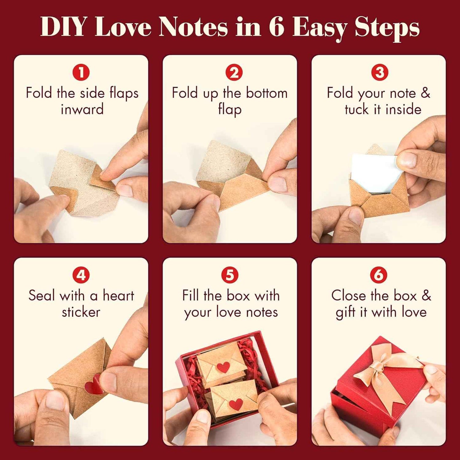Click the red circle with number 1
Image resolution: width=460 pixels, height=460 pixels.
coord(81,72)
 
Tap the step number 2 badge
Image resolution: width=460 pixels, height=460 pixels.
coord(234,72)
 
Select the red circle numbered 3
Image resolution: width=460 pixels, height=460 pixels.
coord(379,72)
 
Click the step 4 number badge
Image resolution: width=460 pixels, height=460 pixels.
coord(81,275)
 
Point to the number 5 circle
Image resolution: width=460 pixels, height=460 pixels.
coord(230,275)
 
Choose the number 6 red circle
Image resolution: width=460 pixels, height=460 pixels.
coord(379,275)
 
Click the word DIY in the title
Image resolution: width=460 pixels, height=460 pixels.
coord(63,27)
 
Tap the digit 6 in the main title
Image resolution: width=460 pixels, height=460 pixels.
coord(276,27)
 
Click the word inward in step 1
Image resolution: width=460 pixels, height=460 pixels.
coord(82,110)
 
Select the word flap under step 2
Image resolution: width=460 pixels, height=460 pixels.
coord(230,110)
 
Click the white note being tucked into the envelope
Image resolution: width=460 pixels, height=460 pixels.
coord(372,173)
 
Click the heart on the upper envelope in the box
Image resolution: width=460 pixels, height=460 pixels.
coord(223,367)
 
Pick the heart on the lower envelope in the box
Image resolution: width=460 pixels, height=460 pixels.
coord(236,404)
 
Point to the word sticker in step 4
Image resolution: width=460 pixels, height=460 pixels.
coord(81,312)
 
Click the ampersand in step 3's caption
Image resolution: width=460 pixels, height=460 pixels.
coord(426,93)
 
